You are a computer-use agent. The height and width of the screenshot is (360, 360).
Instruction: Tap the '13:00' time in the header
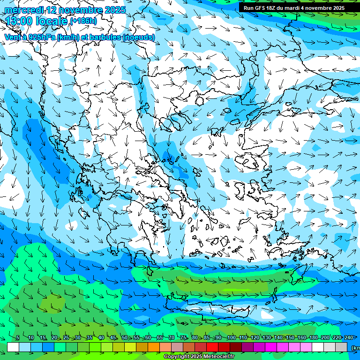click(x=19, y=21)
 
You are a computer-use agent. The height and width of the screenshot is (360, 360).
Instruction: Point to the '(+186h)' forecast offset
click(x=84, y=21)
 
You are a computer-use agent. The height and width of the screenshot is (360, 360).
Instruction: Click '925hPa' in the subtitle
click(x=41, y=37)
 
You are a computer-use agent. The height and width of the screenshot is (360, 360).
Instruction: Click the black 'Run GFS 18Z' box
click(x=292, y=7)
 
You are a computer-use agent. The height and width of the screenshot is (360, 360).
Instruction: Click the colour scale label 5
click(x=17, y=338)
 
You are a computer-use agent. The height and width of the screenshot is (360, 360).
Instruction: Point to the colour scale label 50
click(x=124, y=338)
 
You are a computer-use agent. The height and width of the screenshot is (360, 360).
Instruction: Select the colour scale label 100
click(x=231, y=338)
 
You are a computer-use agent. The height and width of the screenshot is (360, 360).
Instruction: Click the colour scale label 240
click(x=348, y=338)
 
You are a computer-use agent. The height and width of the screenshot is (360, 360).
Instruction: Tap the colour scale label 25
click(x=66, y=338)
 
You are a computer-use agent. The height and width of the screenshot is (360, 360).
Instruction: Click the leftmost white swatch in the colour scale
click(x=13, y=347)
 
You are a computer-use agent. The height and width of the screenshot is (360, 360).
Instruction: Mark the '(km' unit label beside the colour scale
click(x=355, y=347)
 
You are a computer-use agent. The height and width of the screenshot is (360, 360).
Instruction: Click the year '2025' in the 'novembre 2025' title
click(x=115, y=10)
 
